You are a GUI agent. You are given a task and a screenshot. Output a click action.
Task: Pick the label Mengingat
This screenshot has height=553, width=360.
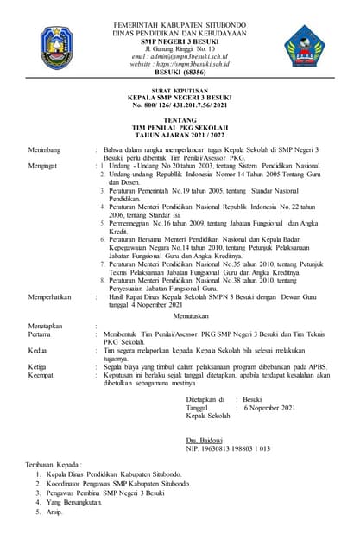point(42,165)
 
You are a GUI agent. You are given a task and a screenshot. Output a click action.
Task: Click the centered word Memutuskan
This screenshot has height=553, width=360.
point(180,316)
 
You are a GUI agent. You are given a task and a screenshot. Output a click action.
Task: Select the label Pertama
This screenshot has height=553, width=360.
point(40,333)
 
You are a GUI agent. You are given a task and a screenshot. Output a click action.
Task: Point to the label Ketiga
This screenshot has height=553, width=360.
point(38,367)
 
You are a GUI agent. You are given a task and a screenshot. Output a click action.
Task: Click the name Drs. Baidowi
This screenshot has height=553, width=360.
point(204,441)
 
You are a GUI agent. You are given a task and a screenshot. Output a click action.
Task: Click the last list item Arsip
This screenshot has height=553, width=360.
point(55,512)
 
